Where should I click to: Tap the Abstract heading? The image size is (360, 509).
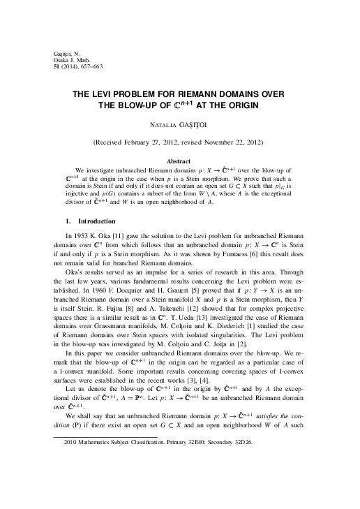[x=180, y=161]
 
